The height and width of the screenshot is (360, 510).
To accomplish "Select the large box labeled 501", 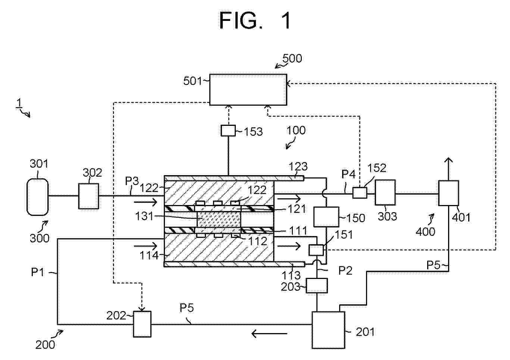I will click(x=248, y=89).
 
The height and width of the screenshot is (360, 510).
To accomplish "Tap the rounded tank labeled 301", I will click(x=38, y=196).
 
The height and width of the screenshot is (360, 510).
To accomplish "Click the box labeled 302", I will click(x=89, y=196).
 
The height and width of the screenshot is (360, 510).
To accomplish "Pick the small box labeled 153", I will click(x=228, y=130).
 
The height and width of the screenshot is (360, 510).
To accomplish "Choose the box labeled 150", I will click(x=326, y=217).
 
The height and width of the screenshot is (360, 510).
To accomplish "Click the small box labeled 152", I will click(x=360, y=192).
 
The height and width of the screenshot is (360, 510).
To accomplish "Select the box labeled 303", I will click(x=385, y=192).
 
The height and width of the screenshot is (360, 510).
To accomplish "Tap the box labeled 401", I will click(x=448, y=193).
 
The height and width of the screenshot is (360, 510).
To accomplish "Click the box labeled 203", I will click(x=317, y=286).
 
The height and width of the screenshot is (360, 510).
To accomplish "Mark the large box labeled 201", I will click(x=328, y=330).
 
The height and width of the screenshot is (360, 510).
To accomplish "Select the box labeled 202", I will click(x=142, y=324).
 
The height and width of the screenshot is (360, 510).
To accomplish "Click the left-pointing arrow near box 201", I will click(x=269, y=333).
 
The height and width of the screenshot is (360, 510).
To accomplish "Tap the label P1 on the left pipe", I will click(x=38, y=272).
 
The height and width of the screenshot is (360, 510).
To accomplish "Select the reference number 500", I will click(x=292, y=58).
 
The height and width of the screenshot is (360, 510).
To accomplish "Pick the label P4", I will click(x=348, y=174).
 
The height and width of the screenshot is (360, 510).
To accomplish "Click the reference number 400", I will click(x=425, y=232).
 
